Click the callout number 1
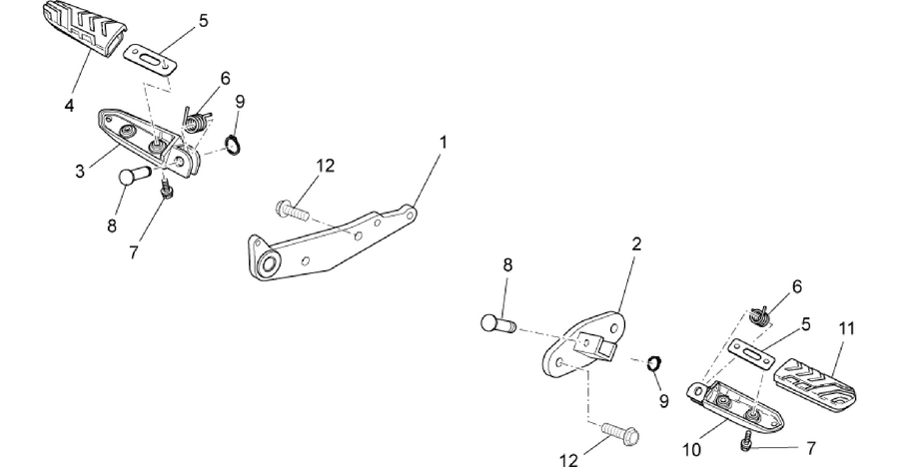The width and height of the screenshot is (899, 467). click(x=443, y=142)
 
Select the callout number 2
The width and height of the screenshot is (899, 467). click(x=636, y=244)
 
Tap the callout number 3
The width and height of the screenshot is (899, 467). click(x=80, y=171)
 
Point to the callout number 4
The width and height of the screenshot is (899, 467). click(x=69, y=106)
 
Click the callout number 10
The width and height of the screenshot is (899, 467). click(x=692, y=450)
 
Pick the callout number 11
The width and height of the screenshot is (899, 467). click(x=847, y=328)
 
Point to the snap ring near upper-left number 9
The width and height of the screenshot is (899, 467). click(x=232, y=144)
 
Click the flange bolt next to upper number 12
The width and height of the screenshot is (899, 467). click(x=293, y=210)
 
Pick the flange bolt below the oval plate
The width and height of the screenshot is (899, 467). click(x=620, y=433)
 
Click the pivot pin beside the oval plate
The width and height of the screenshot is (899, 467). click(x=497, y=323)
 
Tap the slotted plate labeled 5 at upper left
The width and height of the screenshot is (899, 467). click(x=150, y=59)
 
